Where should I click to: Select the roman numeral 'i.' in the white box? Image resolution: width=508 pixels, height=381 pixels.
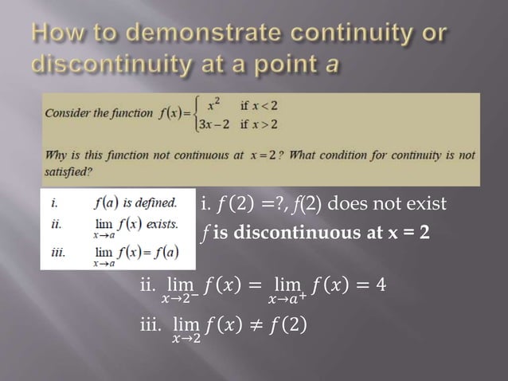tap(53, 202)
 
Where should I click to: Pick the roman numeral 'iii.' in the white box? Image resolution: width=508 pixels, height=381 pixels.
tap(57, 252)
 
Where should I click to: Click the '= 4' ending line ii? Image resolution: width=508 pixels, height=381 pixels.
tap(374, 284)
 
